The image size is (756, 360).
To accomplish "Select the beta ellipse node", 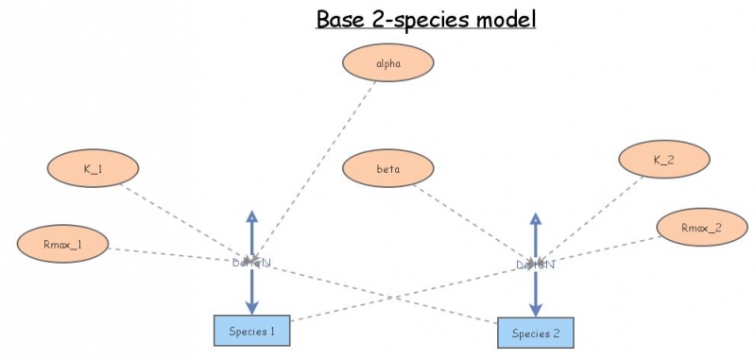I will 388,170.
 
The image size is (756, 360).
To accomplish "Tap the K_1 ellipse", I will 93,169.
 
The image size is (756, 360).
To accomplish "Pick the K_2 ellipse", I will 663,160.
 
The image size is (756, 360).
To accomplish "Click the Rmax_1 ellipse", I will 62,245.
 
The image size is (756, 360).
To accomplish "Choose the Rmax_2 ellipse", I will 701,227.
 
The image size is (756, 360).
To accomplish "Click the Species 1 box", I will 251,331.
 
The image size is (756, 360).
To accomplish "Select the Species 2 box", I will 536,334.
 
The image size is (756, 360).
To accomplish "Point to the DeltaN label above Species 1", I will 251,262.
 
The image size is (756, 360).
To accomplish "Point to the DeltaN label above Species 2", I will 535,265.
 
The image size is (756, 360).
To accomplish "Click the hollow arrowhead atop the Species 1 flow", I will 251,216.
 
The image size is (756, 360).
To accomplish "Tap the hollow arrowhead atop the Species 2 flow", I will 535,218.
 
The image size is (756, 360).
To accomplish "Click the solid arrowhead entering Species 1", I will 251,307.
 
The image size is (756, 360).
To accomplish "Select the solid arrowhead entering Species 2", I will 535,309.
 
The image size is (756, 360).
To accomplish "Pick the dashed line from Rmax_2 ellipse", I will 605,245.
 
